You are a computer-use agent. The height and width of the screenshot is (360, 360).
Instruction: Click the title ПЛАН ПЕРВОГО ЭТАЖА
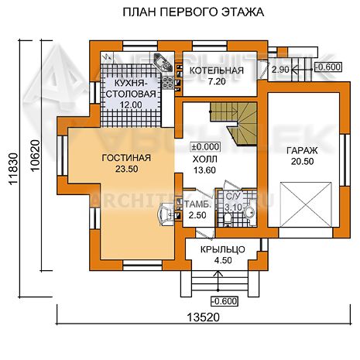[193, 12]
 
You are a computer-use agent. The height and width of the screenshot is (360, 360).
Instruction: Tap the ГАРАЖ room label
[302, 150]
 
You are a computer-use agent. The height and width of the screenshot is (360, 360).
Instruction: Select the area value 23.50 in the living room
[126, 169]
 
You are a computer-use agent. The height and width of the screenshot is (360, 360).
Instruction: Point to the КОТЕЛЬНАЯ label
[217, 70]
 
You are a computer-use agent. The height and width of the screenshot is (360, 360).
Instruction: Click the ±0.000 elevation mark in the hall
[205, 147]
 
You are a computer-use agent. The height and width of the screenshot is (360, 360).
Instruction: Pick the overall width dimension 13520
[203, 317]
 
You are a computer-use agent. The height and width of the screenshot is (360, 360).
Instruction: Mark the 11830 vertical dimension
[13, 168]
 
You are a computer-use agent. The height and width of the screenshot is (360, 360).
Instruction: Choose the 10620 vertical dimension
[36, 156]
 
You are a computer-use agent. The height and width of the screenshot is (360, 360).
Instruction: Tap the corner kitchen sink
[163, 63]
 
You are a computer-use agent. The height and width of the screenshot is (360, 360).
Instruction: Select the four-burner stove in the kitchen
[168, 83]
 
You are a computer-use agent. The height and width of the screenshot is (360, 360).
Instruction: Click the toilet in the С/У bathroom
[228, 219]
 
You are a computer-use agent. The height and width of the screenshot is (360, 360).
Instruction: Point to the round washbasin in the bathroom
[249, 212]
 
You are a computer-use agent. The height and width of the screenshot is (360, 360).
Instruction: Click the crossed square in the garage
[306, 204]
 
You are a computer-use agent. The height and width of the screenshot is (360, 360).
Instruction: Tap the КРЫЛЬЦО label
[223, 249]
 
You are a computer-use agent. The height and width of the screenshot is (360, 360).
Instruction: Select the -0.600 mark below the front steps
[225, 301]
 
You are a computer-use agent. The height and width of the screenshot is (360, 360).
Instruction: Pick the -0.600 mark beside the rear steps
[327, 67]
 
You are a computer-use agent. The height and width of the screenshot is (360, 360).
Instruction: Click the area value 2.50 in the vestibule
[197, 215]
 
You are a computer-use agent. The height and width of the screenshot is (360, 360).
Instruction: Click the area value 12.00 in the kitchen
[131, 105]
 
